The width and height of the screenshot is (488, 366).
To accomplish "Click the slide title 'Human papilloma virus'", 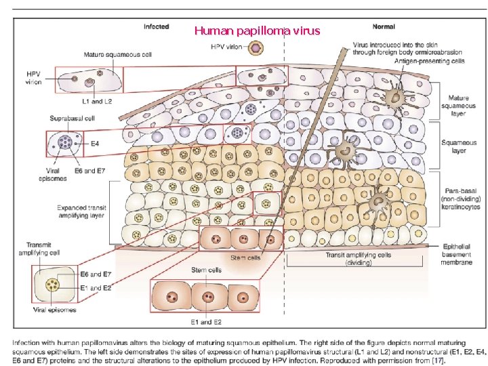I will click(x=257, y=30).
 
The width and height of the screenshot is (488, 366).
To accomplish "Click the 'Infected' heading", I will click(x=156, y=26).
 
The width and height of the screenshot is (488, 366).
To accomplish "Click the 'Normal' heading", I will click(x=383, y=26).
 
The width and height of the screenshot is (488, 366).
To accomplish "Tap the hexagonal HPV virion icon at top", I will click(x=256, y=49).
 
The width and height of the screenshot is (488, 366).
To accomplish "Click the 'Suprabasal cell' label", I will click(x=68, y=119).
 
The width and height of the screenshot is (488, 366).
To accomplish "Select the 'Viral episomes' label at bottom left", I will click(x=54, y=310).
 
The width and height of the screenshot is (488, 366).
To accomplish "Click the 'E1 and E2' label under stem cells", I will click(x=206, y=321).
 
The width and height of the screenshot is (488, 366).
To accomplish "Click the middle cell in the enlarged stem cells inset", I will click(x=207, y=296).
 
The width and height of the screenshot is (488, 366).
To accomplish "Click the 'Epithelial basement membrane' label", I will click(x=457, y=254).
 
